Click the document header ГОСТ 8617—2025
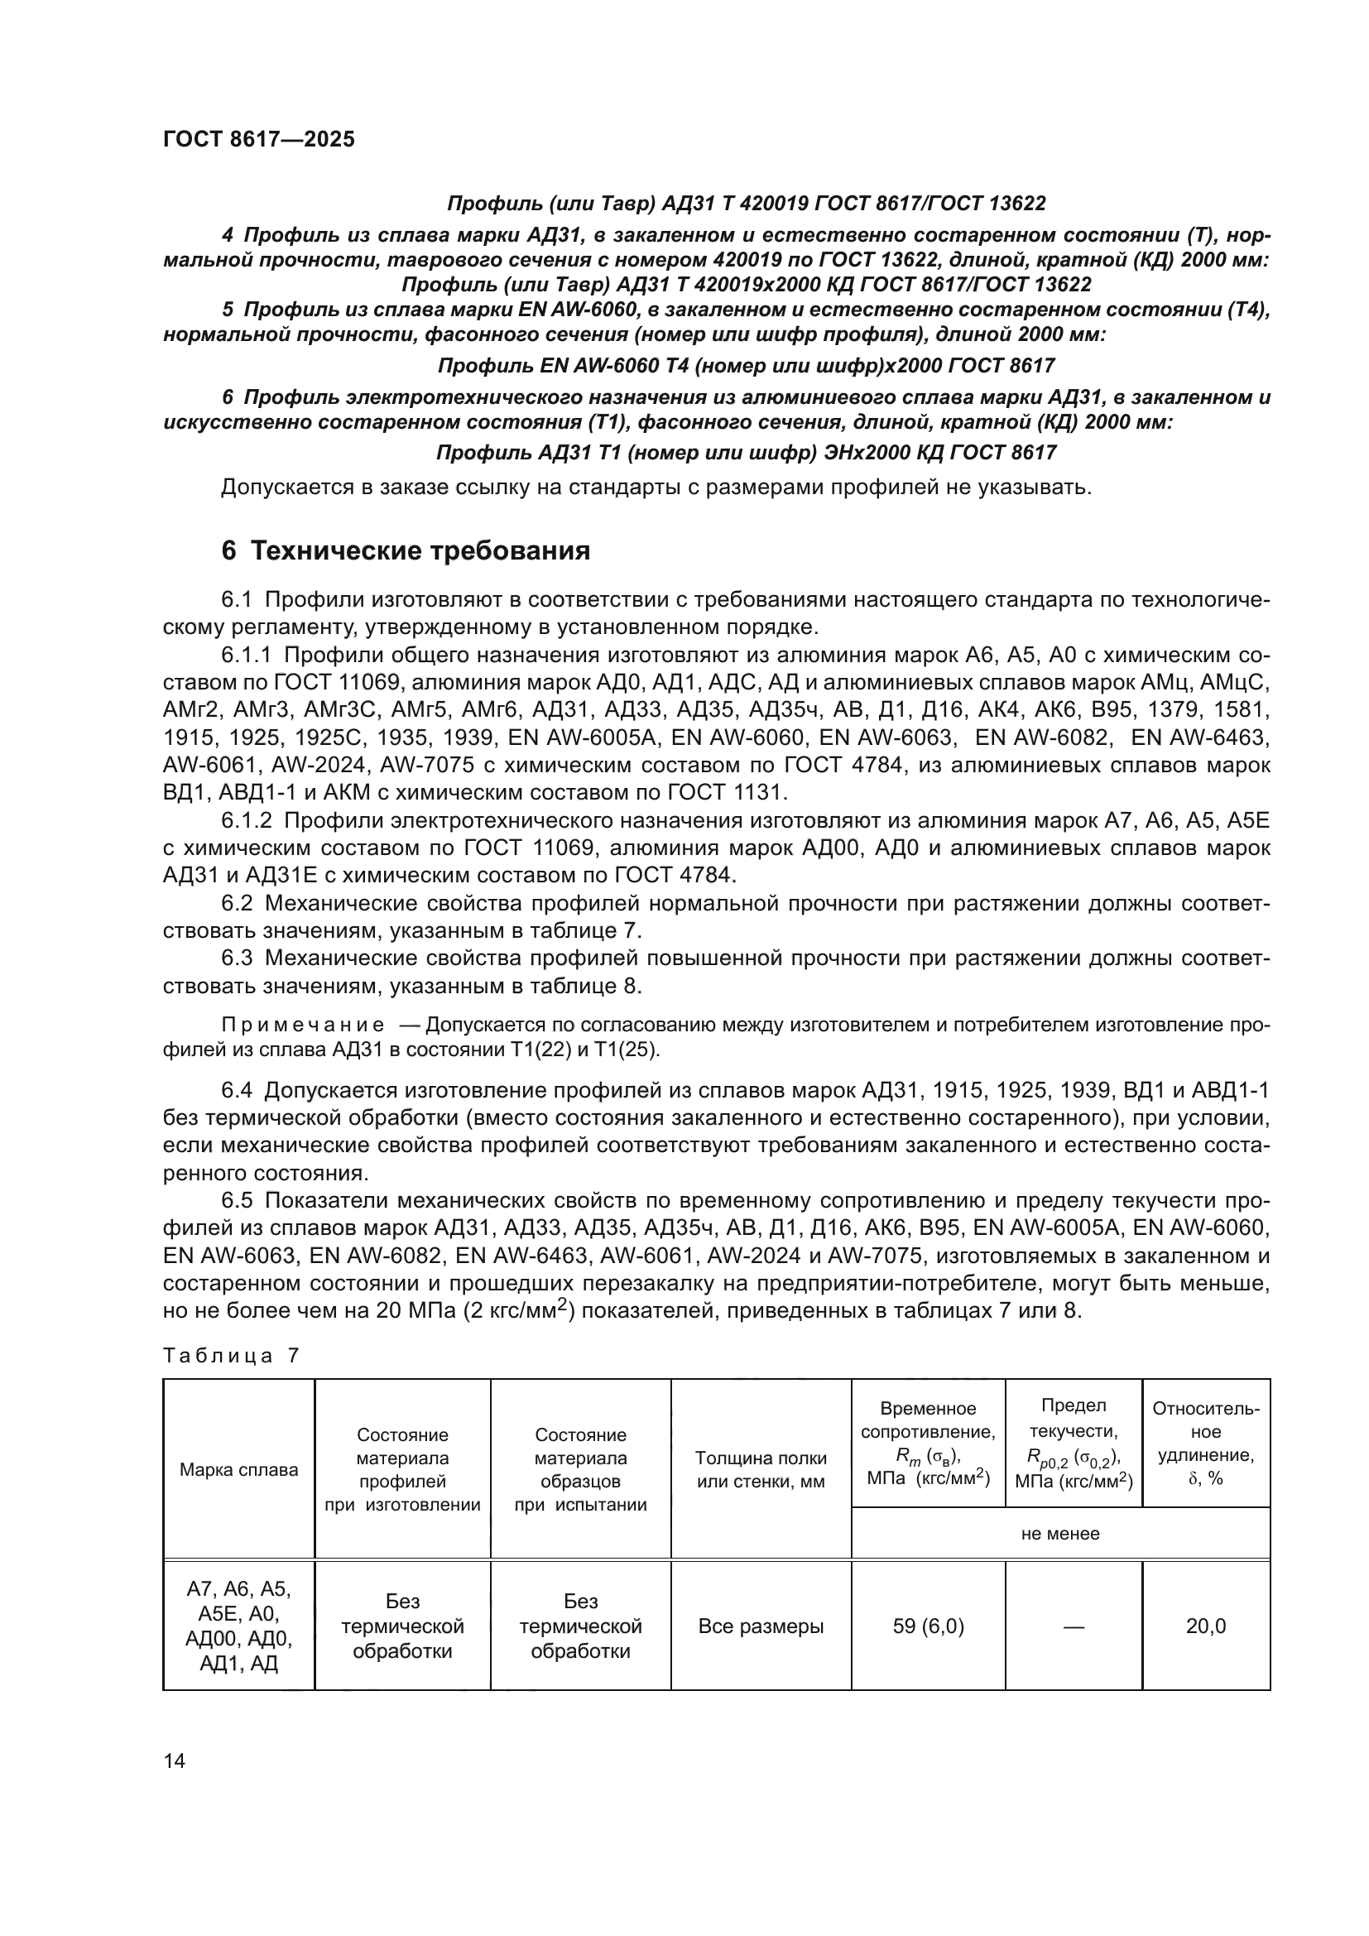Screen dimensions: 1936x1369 pyautogui.click(x=259, y=140)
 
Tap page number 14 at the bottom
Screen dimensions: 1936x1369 pyautogui.click(x=175, y=1761)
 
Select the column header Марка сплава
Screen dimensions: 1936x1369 pyautogui.click(x=238, y=1470)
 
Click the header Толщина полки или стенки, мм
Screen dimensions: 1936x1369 pyautogui.click(x=761, y=1470)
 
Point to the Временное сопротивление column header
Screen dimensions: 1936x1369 pyautogui.click(x=927, y=1443)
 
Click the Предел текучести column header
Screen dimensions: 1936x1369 pyautogui.click(x=1074, y=1443)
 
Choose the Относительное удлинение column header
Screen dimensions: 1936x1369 pyautogui.click(x=1205, y=1443)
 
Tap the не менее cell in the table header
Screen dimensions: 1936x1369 pyautogui.click(x=1059, y=1534)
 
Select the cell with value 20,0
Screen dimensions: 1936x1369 pyautogui.click(x=1205, y=1626)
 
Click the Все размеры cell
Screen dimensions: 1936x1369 pyautogui.click(x=761, y=1626)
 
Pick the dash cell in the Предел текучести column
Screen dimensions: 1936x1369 pyautogui.click(x=1074, y=1626)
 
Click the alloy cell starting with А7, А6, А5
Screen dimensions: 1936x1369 pyautogui.click(x=238, y=1626)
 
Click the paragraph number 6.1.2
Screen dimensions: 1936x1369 pyautogui.click(x=246, y=820)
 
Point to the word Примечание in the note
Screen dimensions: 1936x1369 pyautogui.click(x=303, y=1026)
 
